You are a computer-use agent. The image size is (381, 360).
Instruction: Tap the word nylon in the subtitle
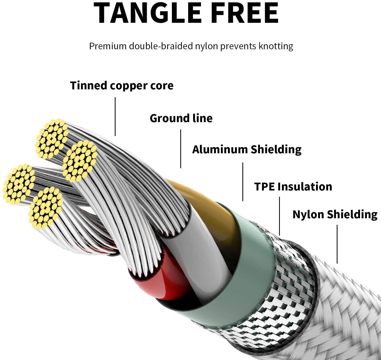206,46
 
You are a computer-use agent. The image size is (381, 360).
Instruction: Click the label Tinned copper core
122,86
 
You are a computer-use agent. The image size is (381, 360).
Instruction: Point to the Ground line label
181,118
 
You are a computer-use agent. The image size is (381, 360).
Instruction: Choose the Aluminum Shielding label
247,150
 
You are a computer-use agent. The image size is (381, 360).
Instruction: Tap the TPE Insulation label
293,187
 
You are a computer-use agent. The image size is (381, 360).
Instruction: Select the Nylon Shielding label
335,214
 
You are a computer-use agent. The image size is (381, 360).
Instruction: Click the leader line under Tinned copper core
115,117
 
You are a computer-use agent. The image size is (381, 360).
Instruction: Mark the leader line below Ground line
181,149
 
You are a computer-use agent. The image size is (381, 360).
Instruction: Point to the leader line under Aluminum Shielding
243,182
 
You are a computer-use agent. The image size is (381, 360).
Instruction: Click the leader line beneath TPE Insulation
279,216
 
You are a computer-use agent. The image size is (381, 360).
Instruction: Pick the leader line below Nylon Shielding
337,244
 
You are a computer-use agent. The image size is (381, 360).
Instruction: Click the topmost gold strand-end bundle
52,139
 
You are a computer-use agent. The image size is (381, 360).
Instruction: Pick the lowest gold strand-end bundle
46,208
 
